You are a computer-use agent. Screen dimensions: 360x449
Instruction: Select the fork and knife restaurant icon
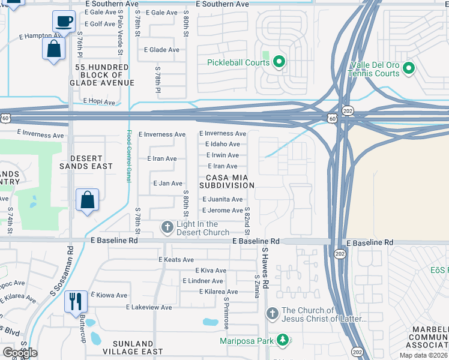76,301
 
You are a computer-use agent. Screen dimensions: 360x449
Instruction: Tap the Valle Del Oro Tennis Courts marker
408,68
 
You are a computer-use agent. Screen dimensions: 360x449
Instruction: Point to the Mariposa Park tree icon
283,340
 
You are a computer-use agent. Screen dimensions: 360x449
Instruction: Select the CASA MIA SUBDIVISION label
231,181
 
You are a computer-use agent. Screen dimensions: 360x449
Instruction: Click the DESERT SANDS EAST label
86,162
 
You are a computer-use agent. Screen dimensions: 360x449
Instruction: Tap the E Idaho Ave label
222,145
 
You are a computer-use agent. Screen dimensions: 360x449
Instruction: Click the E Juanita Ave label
222,199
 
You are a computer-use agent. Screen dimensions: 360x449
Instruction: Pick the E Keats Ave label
176,260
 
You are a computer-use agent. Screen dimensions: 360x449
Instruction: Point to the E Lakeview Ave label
152,307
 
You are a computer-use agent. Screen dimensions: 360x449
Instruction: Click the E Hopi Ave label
99,102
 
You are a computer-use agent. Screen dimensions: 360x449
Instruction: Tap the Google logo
20,352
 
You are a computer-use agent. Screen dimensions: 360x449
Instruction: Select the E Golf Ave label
100,24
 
